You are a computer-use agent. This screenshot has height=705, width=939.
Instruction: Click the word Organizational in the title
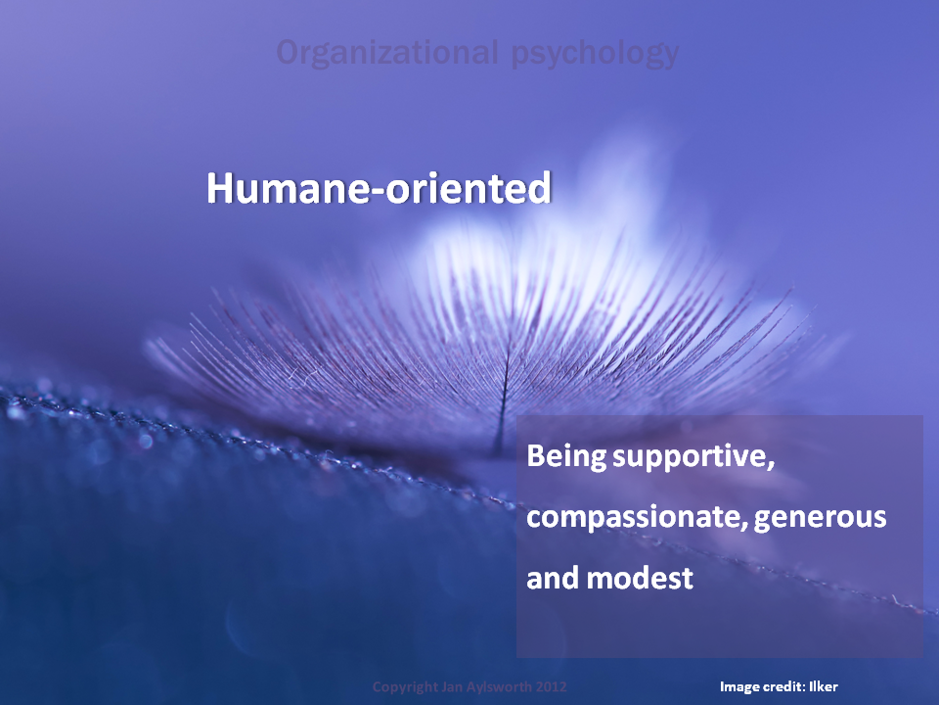387,52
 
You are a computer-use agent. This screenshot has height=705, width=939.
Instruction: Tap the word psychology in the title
596,54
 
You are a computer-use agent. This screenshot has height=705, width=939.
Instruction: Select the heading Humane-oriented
379,188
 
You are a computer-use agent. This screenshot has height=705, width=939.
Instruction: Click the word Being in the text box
566,457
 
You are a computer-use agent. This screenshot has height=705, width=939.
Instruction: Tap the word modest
640,579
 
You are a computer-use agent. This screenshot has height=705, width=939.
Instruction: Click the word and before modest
554,579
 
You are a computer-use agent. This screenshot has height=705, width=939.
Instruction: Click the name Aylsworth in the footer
497,687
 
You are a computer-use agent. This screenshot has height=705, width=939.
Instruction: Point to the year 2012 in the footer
552,687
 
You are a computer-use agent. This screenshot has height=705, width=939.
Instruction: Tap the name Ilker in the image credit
824,687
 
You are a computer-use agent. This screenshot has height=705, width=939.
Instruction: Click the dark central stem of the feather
502,396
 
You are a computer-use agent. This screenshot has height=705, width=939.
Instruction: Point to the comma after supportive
771,466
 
